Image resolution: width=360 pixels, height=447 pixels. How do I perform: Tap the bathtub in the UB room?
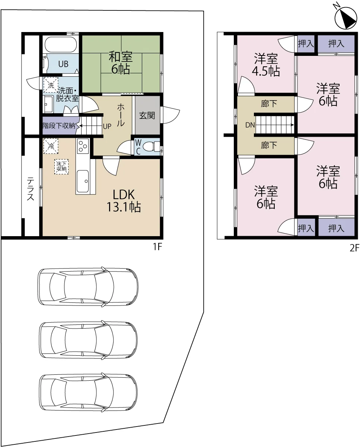pos(61,44)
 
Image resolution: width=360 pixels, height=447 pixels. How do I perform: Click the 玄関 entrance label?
pos(147,115)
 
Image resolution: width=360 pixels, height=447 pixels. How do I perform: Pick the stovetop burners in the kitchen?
pos(83,146)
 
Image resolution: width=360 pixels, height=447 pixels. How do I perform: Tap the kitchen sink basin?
pos(83,181)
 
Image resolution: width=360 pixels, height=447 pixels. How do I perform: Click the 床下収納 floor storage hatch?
pos(61,167)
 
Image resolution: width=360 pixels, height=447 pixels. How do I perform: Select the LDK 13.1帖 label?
pos(124,201)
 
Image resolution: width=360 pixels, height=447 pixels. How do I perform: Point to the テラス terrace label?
pos(31,188)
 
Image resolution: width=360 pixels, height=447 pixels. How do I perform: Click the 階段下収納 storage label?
pos(59,126)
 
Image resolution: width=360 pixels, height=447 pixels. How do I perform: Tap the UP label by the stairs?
pos(107,126)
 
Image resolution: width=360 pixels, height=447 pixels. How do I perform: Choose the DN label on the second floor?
pos(250,125)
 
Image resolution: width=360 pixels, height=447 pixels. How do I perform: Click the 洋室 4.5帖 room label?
pos(266,65)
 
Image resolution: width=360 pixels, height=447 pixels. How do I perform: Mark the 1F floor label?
pos(157,247)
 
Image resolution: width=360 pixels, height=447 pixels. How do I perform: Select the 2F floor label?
pos(355,248)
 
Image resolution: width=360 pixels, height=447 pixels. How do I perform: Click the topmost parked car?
pos(88,287)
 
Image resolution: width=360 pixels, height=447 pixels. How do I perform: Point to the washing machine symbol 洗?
pos(51,85)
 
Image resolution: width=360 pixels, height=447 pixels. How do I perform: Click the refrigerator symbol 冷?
pos(51,146)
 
